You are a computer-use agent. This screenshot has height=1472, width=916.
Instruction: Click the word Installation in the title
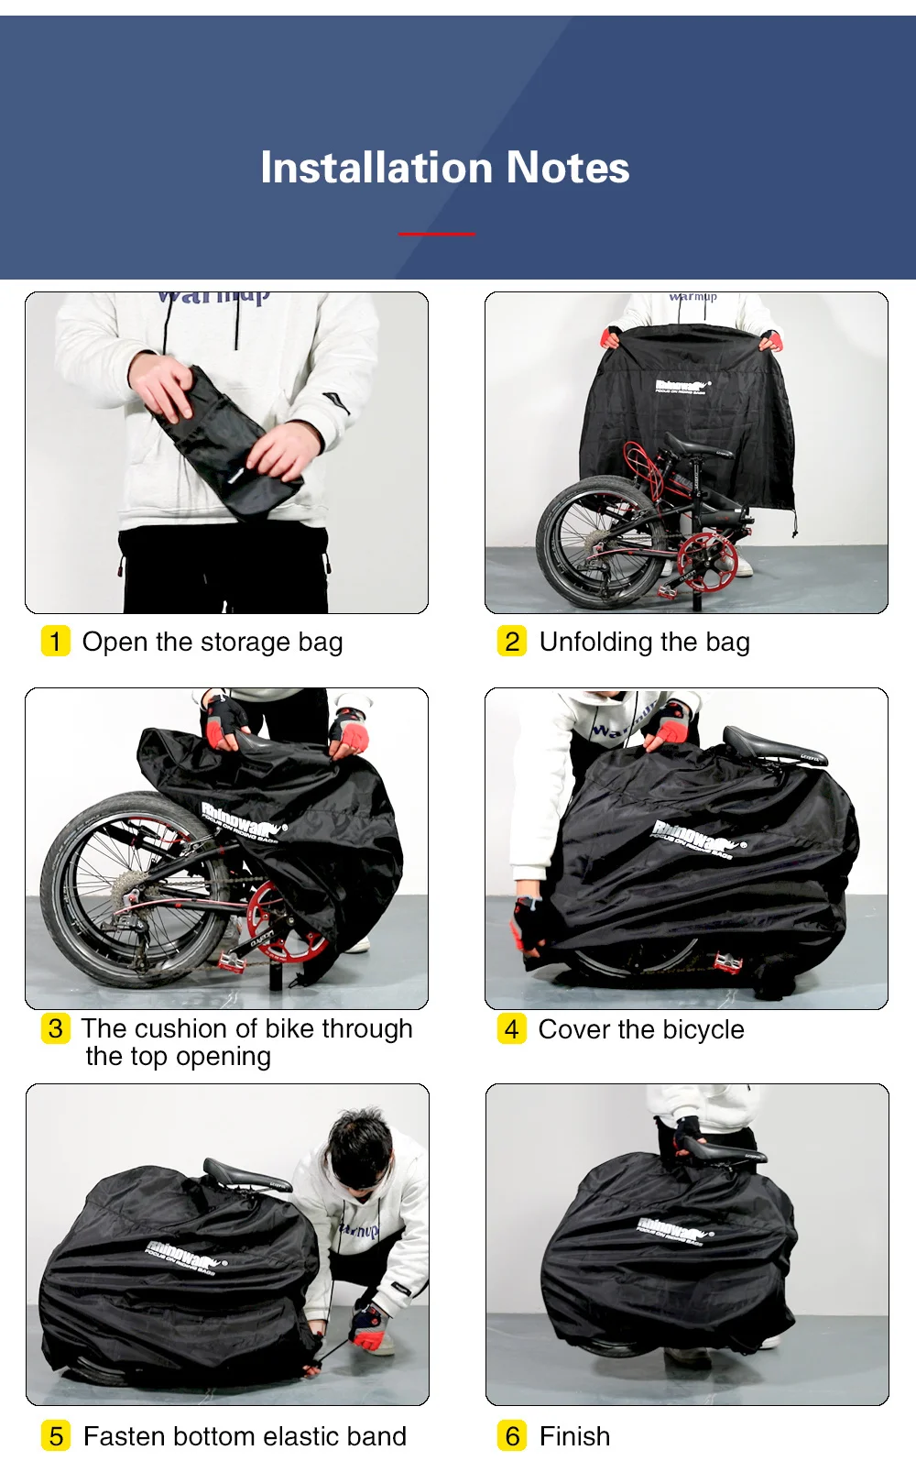[377, 168]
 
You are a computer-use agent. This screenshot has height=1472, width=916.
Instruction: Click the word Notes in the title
[568, 168]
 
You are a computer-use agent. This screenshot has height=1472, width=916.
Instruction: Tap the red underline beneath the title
[437, 234]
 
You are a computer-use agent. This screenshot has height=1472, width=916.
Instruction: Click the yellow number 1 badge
[55, 642]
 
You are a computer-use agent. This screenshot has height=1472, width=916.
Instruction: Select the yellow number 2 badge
[512, 642]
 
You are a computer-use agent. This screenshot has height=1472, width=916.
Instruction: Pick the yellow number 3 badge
[55, 1028]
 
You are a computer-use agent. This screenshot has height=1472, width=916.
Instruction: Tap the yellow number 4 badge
[511, 1028]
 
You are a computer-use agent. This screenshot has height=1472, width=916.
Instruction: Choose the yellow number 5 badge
[56, 1435]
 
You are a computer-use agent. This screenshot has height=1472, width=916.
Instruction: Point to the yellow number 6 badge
[512, 1435]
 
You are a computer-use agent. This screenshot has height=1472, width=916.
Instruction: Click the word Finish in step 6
[574, 1436]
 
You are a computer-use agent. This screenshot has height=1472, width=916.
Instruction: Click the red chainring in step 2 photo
[706, 560]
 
